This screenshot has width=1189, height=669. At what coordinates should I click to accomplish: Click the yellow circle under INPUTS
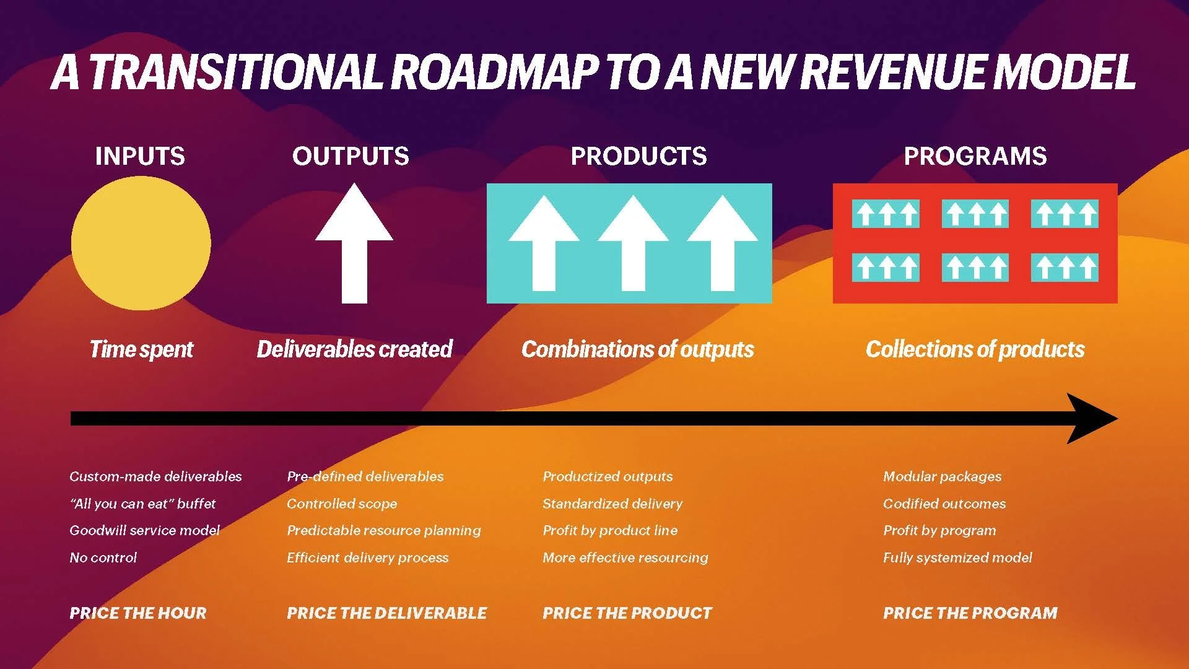click(141, 243)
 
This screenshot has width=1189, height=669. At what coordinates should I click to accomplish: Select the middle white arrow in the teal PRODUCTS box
click(633, 245)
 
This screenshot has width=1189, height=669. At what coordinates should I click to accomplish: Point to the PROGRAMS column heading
click(975, 156)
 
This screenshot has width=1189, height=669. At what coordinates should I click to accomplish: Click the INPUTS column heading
click(140, 156)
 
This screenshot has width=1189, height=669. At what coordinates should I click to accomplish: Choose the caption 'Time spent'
click(141, 349)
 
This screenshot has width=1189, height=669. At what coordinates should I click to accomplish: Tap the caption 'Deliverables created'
click(355, 349)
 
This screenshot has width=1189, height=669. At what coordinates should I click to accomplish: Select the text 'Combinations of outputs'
click(638, 349)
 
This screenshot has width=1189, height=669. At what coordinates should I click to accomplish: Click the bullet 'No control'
click(103, 557)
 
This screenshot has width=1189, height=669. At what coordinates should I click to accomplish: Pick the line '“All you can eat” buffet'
click(142, 504)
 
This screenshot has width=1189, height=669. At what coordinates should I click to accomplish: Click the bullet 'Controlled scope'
click(342, 504)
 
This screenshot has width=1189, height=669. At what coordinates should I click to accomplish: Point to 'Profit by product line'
click(610, 530)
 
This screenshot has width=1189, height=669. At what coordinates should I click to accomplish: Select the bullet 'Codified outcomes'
click(944, 504)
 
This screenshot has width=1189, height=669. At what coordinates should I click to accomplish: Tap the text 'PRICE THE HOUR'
click(138, 613)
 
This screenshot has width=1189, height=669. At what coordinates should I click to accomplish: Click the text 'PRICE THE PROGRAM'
click(970, 613)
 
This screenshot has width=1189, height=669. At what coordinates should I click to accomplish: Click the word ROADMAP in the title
click(495, 72)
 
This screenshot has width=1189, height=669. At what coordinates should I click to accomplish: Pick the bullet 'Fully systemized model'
click(957, 557)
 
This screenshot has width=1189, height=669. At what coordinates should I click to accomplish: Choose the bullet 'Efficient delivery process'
click(367, 557)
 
